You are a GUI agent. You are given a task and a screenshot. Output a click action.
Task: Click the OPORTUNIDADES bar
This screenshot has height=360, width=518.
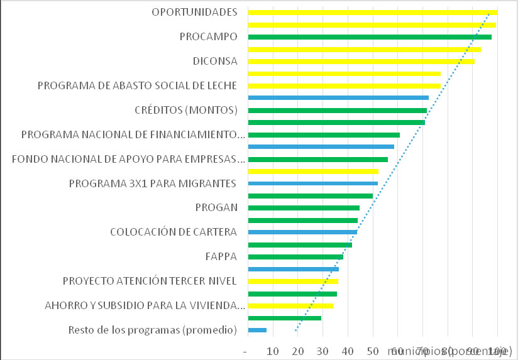[x=373, y=13]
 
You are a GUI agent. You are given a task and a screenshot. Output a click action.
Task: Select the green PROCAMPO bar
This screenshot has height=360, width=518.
[x=370, y=37]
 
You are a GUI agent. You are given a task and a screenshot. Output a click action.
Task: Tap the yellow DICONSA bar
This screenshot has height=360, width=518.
[x=361, y=62]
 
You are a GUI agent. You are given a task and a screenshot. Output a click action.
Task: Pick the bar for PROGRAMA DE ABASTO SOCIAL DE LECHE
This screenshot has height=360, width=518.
[x=344, y=86]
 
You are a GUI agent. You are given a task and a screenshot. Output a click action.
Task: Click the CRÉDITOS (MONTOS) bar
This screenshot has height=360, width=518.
[x=338, y=111]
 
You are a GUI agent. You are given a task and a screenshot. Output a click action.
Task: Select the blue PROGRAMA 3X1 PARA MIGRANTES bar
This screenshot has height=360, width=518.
[x=313, y=183]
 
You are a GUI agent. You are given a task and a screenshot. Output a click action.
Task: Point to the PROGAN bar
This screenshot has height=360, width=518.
[x=304, y=208]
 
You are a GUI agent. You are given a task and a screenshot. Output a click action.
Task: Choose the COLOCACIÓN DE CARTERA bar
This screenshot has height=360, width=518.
[x=303, y=232]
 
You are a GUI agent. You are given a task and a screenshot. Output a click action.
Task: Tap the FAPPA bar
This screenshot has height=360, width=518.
[x=295, y=257]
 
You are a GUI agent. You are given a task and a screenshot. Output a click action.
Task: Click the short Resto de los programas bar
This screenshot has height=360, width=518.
[x=258, y=330]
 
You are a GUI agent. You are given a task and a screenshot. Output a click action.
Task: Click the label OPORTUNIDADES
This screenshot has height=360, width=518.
[x=194, y=13]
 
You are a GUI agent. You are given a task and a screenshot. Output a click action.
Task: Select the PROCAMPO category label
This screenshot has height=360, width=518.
[x=208, y=37]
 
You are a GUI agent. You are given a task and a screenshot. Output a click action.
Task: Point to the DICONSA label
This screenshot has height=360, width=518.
[x=215, y=62]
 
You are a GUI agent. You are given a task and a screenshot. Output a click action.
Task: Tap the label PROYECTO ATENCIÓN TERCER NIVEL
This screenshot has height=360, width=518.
[x=150, y=281]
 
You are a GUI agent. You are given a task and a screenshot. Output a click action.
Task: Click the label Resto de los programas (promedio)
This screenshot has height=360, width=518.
[x=152, y=330]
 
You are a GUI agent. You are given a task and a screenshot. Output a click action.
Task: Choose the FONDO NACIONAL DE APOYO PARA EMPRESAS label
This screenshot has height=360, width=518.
[x=128, y=159]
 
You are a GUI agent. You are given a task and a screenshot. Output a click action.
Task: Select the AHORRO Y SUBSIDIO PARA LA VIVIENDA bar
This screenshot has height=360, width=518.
[x=290, y=306]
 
